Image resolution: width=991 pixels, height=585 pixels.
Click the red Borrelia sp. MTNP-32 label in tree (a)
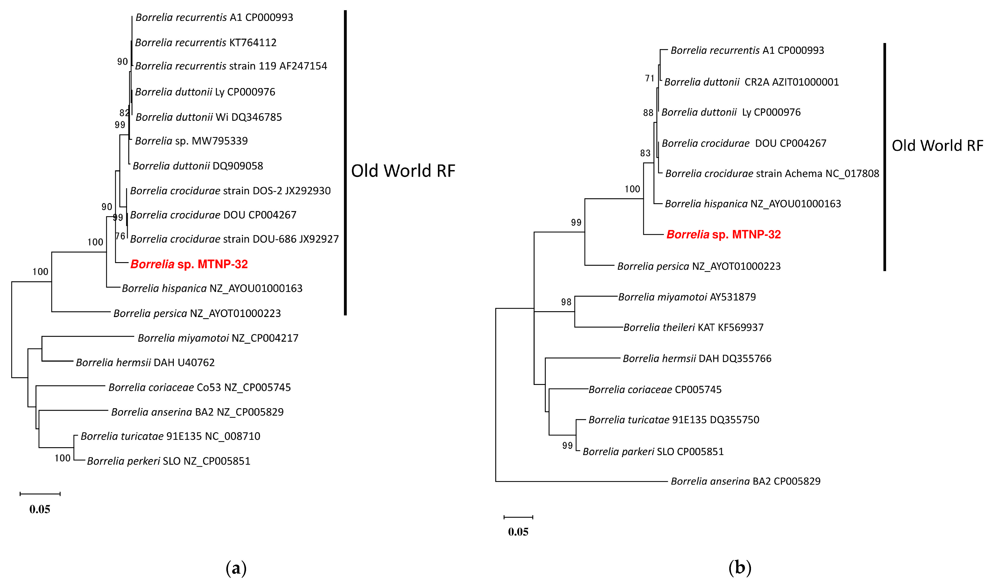[189, 264]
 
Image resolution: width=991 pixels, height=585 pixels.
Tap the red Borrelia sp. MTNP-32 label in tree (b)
[723, 235]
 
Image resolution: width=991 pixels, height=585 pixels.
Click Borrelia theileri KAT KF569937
[693, 327]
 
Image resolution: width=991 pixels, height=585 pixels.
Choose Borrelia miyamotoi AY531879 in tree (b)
[687, 297]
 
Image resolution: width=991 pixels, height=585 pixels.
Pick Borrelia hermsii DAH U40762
[145, 362]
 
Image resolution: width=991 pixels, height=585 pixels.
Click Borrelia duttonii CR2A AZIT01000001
[751, 82]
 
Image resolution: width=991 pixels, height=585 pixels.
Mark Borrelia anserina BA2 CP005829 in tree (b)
[745, 481]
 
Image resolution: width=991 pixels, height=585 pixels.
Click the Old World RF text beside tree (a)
[403, 171]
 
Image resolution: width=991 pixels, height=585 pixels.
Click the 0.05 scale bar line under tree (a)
[40, 494]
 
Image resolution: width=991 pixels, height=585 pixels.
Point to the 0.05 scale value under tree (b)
[518, 532]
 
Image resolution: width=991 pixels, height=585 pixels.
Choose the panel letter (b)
[740, 568]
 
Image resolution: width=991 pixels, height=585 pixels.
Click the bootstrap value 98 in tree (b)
[566, 302]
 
